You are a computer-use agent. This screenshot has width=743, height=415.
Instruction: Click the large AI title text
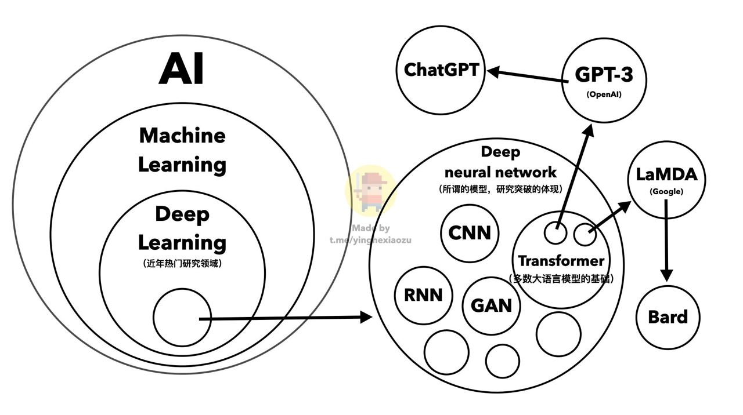(182, 68)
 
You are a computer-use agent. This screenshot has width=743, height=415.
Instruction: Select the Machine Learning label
(182, 150)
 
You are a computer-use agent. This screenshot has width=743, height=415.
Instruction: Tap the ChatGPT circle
(441, 71)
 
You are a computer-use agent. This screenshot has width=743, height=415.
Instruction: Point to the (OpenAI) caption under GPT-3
(604, 94)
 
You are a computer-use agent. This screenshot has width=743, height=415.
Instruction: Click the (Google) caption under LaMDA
(666, 191)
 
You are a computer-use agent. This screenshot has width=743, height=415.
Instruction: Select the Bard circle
(668, 317)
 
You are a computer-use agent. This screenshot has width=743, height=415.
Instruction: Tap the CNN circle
(470, 233)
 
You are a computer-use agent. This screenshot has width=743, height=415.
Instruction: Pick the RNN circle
(423, 295)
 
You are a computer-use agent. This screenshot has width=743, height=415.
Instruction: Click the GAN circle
(492, 305)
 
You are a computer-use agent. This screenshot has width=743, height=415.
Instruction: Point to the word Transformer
(561, 261)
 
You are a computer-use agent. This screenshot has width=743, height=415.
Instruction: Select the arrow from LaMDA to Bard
(666, 243)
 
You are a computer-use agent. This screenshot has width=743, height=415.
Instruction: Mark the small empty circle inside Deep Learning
(182, 317)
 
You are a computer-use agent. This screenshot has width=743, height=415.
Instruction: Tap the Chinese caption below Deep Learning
(182, 264)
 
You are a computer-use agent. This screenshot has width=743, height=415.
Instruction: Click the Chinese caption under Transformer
(561, 279)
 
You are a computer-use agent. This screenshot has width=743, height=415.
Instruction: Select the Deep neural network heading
(500, 162)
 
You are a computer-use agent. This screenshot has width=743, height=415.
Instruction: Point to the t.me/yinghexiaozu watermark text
(370, 240)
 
